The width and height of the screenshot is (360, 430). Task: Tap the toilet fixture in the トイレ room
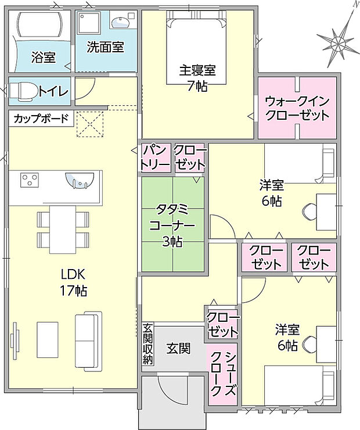tap(24, 91)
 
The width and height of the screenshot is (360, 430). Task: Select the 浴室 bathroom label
tap(44, 57)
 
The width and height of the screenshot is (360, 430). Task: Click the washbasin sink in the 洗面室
tap(120, 22)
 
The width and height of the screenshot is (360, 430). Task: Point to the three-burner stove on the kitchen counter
tap(29, 180)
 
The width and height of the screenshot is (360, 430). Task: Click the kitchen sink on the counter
tap(80, 181)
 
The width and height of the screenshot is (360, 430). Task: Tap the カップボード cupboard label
tap(41, 119)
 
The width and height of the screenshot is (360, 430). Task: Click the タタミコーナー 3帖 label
tap(172, 225)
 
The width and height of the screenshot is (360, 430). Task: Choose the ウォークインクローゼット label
tap(297, 108)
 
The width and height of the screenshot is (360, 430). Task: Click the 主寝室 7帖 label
tap(197, 78)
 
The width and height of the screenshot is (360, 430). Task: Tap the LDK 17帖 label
tap(73, 282)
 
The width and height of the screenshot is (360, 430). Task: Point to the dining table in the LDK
tap(63, 230)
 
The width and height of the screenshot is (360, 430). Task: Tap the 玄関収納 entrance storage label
tap(148, 344)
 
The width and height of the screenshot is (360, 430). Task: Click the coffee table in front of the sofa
tap(48, 339)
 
